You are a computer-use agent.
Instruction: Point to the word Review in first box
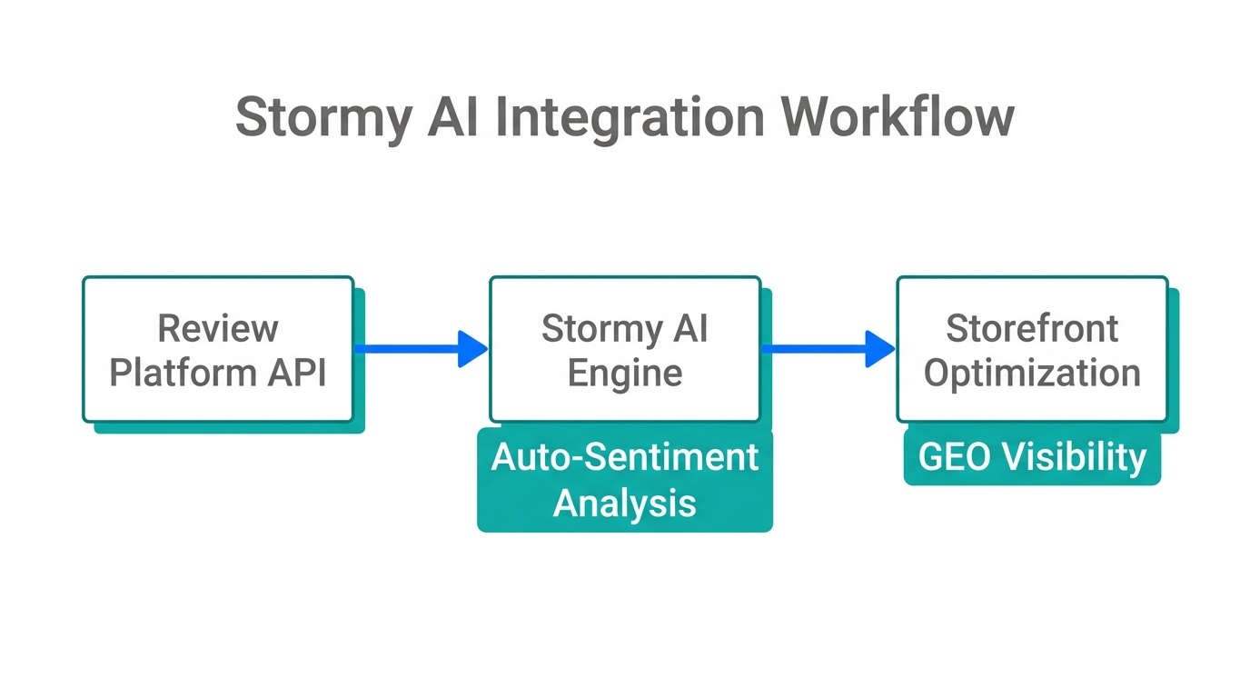coord(218,328)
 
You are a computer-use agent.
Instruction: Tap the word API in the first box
coord(295,373)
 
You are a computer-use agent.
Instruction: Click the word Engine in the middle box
coord(625,374)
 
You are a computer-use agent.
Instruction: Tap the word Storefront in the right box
coord(1032,328)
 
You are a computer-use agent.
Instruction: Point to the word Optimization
coord(1032,374)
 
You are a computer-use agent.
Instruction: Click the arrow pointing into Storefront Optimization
coord(828,348)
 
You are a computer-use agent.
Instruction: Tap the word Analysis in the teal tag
coord(625,502)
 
